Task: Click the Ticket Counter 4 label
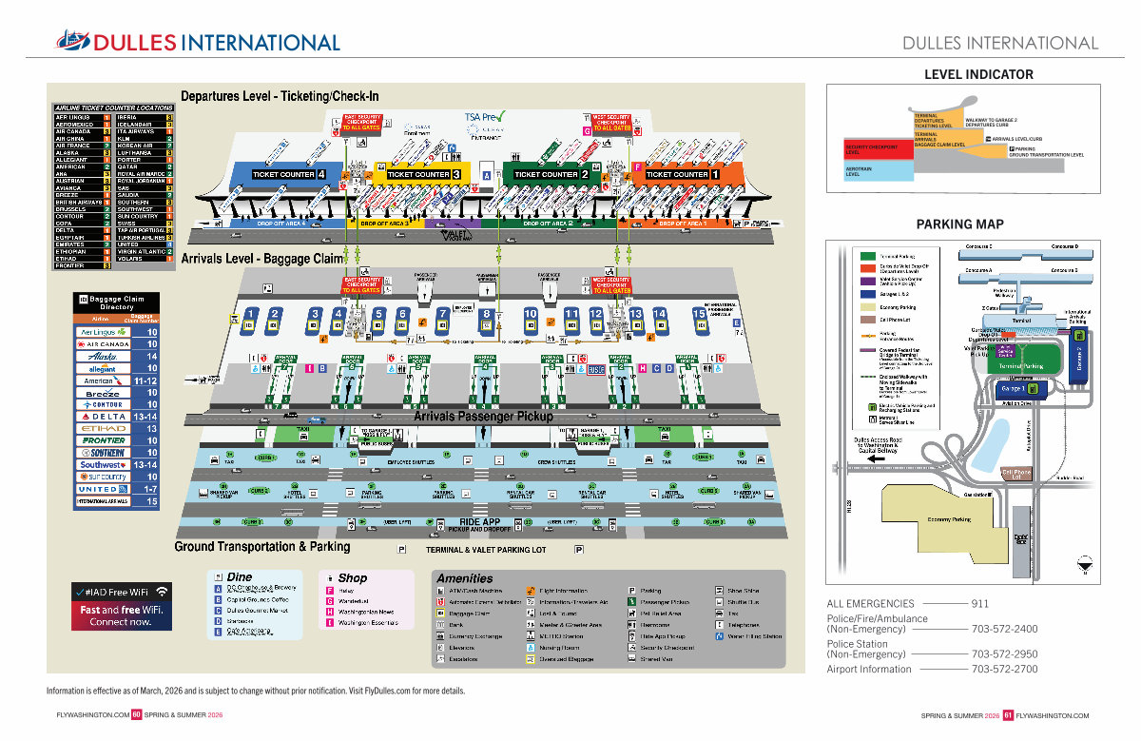tap(289, 175)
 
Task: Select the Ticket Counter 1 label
tap(682, 175)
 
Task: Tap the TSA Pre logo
tap(485, 118)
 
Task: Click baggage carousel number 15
tap(700, 314)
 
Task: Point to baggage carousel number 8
tap(486, 314)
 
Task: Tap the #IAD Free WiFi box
tap(121, 605)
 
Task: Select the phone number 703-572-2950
tap(1004, 654)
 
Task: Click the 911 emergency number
tap(979, 603)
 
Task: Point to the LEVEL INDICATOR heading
tap(978, 74)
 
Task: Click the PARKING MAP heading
tap(959, 224)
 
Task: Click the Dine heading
tap(240, 576)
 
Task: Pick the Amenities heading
tap(464, 578)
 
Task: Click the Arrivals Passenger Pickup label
tap(482, 417)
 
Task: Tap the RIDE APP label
tap(479, 522)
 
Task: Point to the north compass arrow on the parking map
tap(1083, 562)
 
